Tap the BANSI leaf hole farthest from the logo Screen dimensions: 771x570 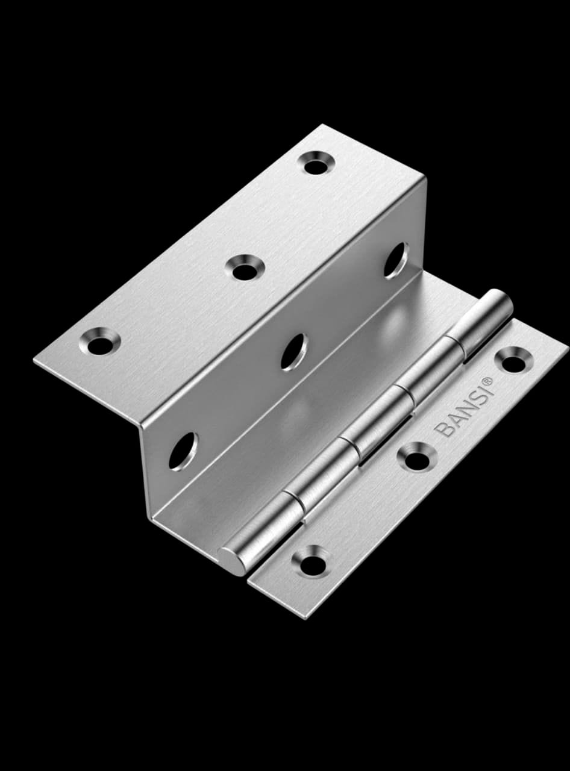312,563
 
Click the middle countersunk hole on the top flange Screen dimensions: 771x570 243,269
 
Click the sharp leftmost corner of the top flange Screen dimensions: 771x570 35,360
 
